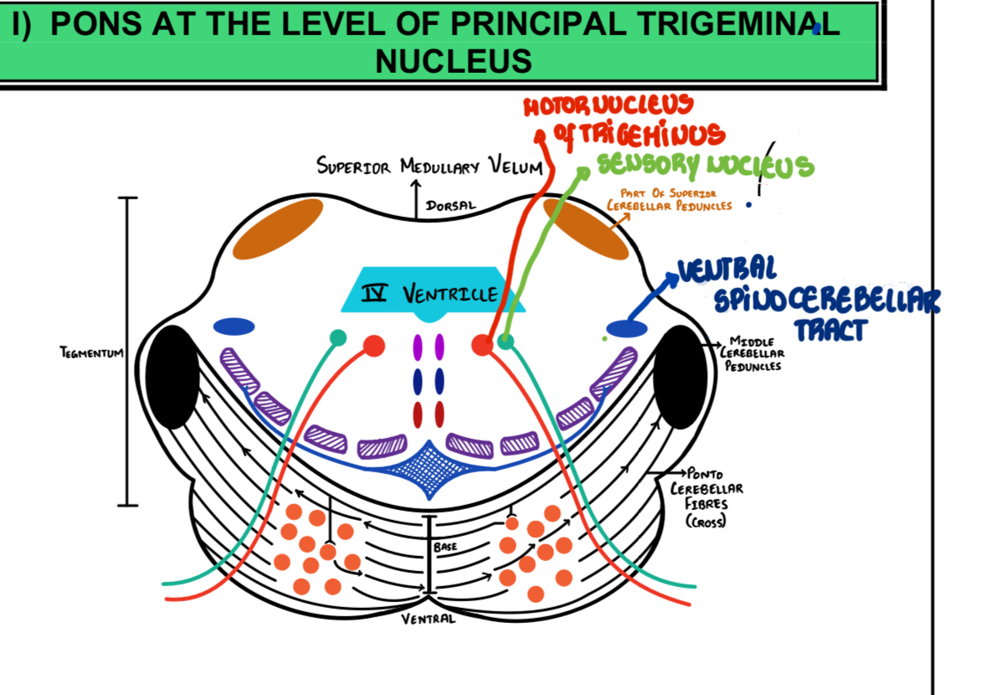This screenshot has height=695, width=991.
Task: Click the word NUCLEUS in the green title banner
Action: tap(454, 60)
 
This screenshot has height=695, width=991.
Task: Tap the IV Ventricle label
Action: tap(429, 294)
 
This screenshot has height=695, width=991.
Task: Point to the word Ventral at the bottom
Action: tap(429, 619)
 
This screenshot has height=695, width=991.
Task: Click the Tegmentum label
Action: tap(91, 353)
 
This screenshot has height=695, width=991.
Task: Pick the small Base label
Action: tap(444, 546)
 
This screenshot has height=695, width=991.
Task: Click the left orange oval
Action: tap(278, 229)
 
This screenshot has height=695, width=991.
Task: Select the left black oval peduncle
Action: tap(172, 377)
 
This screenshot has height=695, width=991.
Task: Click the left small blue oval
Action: tap(234, 327)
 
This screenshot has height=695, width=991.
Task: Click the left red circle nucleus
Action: tap(374, 345)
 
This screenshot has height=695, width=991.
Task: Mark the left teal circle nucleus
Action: tap(338, 337)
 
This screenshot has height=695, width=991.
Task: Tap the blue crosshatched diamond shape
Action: tap(428, 466)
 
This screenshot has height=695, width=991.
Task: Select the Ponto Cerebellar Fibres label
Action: tap(706, 497)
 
